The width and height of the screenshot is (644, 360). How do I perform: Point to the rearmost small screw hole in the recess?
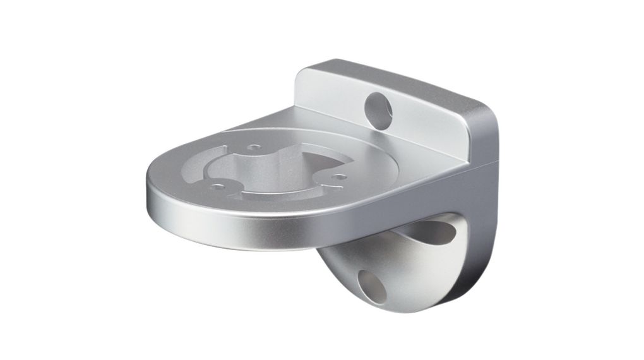pos(254,147)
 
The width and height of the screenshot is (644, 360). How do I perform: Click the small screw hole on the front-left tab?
pos(218,186)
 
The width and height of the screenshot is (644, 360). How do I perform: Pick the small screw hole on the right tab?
pos(340,177)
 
